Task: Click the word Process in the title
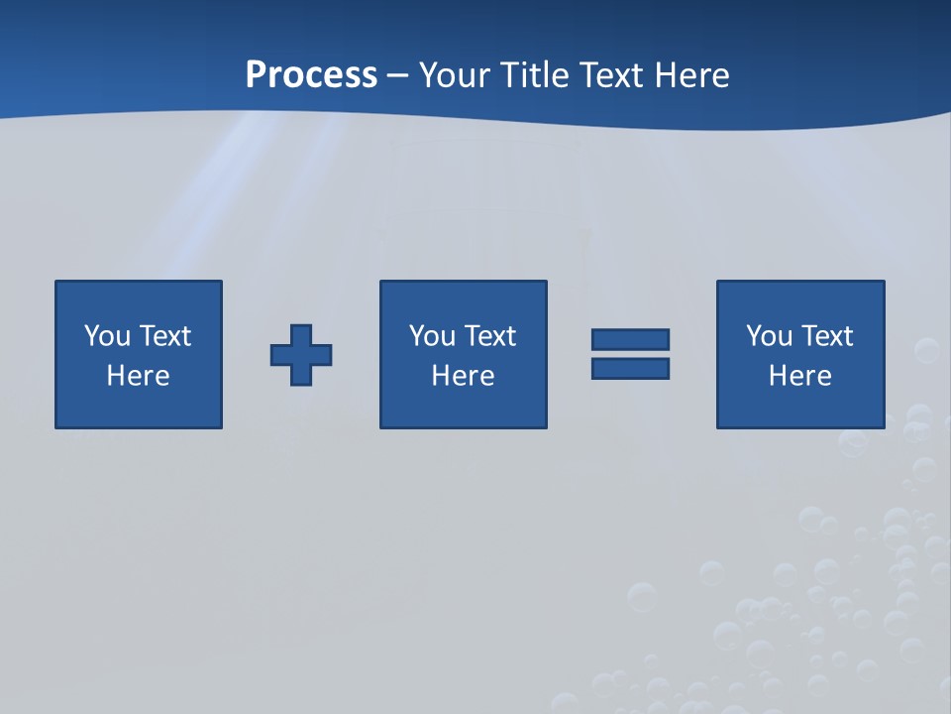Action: point(311,75)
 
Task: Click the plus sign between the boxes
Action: point(301,355)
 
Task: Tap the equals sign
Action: point(630,354)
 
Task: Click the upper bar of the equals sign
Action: point(630,339)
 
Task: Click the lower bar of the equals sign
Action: point(630,369)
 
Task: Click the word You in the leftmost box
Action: point(107,336)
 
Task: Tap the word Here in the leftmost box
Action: point(139,376)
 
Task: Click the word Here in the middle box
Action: point(463,376)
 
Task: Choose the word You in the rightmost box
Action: point(769,336)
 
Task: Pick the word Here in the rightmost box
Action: point(800,376)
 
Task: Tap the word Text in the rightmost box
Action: point(826,336)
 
